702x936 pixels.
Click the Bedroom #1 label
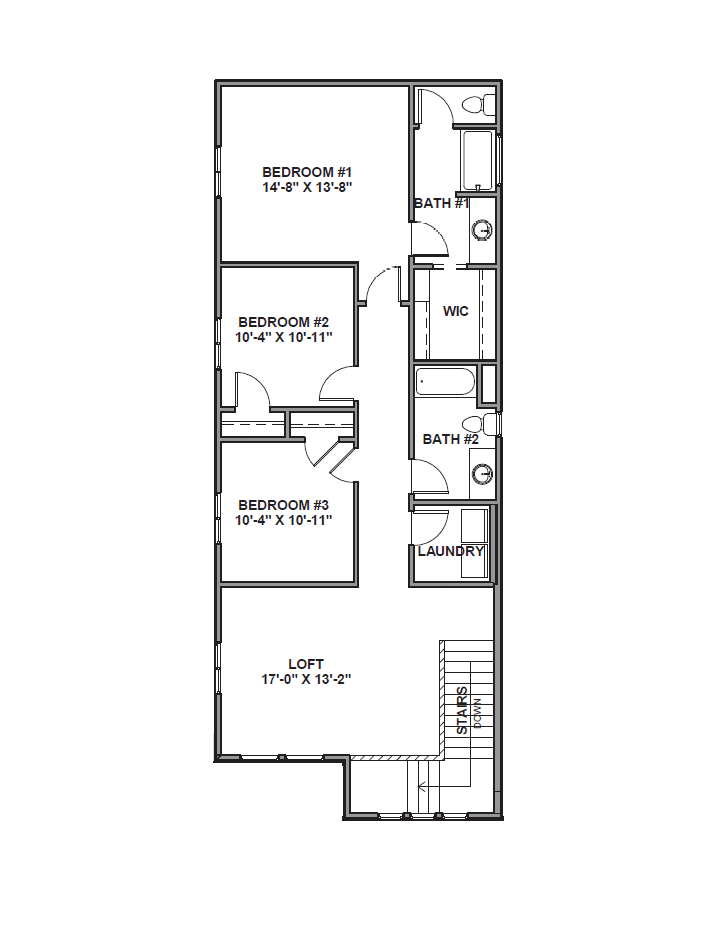pos(307,173)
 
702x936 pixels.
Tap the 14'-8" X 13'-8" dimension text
pos(307,187)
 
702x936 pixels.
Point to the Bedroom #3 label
pos(284,505)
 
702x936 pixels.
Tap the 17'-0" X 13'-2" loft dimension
pos(306,679)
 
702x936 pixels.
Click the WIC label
pos(456,311)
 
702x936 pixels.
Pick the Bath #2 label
pos(451,439)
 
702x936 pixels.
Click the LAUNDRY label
pos(451,551)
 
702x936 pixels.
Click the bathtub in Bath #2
pos(445,381)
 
